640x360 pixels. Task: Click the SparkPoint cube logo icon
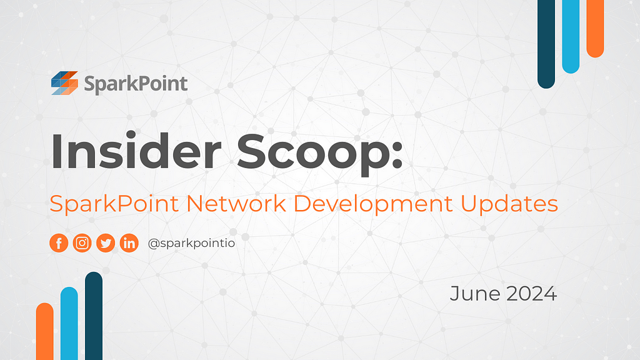coord(64,83)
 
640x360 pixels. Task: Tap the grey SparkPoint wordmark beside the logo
coord(136,84)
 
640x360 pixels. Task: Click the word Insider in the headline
coord(136,151)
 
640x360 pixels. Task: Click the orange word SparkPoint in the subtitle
coord(114,204)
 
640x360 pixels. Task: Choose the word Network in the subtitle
coord(236,203)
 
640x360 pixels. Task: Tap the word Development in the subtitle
coord(373,204)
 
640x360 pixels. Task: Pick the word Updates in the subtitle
coord(509,204)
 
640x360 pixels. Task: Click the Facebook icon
coord(59,243)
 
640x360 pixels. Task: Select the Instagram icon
coord(82,243)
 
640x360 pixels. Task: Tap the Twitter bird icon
coord(106,243)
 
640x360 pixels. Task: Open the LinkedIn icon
coord(129,243)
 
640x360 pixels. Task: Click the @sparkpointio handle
coord(191,244)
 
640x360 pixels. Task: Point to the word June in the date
coord(475,294)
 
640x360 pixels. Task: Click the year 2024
coord(532,294)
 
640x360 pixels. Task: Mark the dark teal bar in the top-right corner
coord(546,44)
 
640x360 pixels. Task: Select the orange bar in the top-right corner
coord(595,29)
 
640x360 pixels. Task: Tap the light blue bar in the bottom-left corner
coord(69,324)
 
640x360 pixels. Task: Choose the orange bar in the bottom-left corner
coord(44,331)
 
